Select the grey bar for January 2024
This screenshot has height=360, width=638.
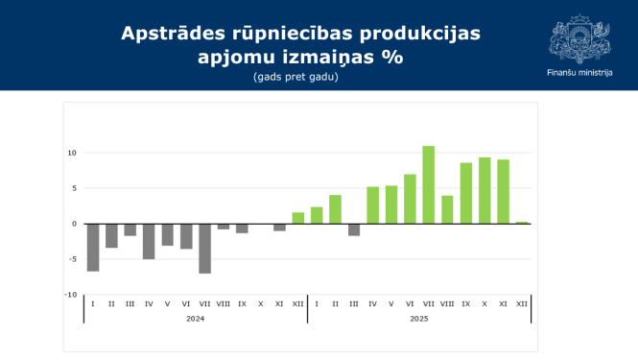[x=93, y=247]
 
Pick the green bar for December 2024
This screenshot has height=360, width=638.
[x=297, y=218]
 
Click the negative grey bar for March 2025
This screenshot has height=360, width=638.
[x=354, y=229]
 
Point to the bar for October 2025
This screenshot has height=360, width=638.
[x=484, y=190]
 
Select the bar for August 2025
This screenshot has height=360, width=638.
[x=447, y=209]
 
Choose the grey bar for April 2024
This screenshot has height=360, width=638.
[x=149, y=241]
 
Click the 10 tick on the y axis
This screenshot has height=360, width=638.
[x=71, y=153]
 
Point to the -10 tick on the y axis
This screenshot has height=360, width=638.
[x=70, y=295]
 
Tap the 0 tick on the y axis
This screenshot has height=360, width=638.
[x=74, y=224]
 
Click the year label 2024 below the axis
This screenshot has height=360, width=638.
[x=195, y=318]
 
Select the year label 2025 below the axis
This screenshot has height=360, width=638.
[x=418, y=318]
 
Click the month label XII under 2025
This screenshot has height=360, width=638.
[x=522, y=303]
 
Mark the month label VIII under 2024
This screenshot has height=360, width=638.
[x=223, y=303]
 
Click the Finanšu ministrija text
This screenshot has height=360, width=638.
[x=579, y=74]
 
